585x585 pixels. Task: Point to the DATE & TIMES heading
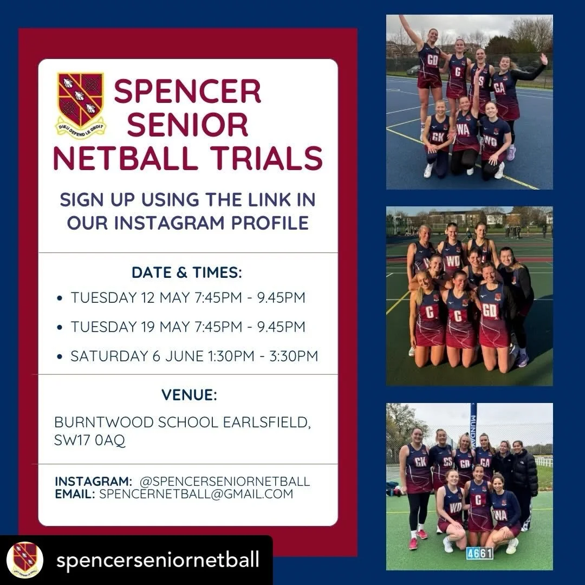coord(187,273)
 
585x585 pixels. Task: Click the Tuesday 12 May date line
coord(187,298)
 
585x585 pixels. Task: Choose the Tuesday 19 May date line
coord(187,327)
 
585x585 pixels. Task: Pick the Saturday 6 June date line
coord(194,356)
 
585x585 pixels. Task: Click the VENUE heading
coord(189,395)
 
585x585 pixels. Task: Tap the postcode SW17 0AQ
coord(89,440)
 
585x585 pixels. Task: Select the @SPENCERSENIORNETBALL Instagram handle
coord(224,481)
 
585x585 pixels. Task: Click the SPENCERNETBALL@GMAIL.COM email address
coord(196,493)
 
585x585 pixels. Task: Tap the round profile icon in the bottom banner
coord(24,560)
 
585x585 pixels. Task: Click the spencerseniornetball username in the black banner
coord(158,560)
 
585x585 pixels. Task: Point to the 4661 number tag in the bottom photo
coord(479,553)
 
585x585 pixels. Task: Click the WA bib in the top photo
coord(463,129)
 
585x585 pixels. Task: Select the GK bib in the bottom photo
coord(420,462)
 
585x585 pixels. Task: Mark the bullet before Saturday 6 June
coord(59,356)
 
